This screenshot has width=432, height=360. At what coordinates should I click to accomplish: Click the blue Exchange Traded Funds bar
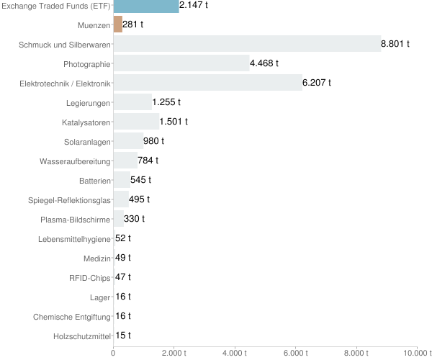click(146, 6)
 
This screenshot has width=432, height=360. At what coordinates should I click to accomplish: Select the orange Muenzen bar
click(118, 24)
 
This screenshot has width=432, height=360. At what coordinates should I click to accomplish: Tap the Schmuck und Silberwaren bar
click(247, 44)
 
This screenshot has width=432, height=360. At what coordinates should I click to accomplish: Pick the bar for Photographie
click(181, 63)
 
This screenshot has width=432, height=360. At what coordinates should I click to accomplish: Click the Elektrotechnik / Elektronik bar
click(208, 83)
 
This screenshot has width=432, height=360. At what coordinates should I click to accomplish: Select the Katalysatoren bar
click(136, 122)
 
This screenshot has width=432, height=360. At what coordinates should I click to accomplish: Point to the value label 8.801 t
click(395, 44)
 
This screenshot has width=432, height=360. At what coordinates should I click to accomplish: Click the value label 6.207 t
click(317, 83)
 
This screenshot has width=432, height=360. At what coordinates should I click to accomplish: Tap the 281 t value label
click(133, 24)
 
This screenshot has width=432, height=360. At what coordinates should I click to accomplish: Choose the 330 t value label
click(134, 219)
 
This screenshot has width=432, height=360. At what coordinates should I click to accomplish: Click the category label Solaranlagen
click(87, 141)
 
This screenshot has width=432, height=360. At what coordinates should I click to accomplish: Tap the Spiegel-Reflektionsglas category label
click(69, 199)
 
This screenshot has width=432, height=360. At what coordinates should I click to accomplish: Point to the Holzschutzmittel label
click(82, 336)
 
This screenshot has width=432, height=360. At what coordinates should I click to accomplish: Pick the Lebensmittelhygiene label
click(74, 238)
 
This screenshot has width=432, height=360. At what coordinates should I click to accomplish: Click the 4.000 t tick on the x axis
click(235, 353)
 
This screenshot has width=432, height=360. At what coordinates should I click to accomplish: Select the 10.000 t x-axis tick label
click(417, 353)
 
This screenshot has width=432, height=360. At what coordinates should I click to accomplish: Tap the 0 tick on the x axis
click(114, 353)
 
